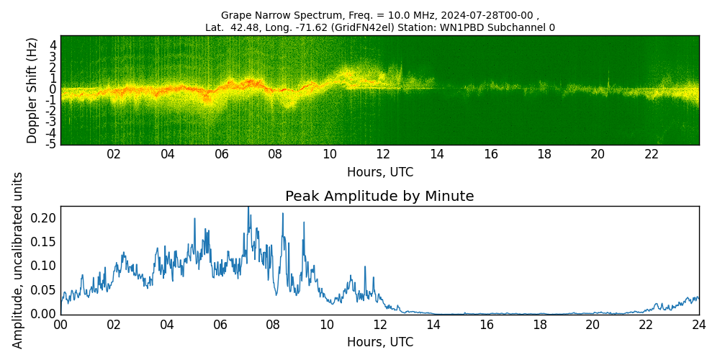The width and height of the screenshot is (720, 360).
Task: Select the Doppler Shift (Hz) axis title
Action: [32, 91]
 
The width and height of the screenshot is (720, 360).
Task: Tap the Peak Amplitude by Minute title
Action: [379, 197]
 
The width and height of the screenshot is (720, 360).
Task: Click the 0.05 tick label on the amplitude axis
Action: [42, 289]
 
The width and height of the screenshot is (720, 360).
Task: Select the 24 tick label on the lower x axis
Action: [699, 325]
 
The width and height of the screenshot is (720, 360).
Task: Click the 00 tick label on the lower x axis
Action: [60, 325]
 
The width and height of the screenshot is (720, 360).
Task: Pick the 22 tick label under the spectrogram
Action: [652, 154]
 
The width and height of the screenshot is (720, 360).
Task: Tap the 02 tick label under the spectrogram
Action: [114, 154]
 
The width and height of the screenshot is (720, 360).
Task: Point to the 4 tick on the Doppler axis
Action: [53, 45]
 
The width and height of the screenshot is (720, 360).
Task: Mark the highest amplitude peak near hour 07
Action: [248, 208]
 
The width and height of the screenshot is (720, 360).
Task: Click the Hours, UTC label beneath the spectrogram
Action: [379, 172]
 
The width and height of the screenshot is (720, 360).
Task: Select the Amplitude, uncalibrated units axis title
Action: [18, 260]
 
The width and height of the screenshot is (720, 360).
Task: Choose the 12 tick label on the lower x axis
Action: [379, 325]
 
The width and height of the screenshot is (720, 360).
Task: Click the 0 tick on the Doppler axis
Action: [53, 89]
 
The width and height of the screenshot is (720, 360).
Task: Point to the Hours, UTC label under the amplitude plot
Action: [379, 342]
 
